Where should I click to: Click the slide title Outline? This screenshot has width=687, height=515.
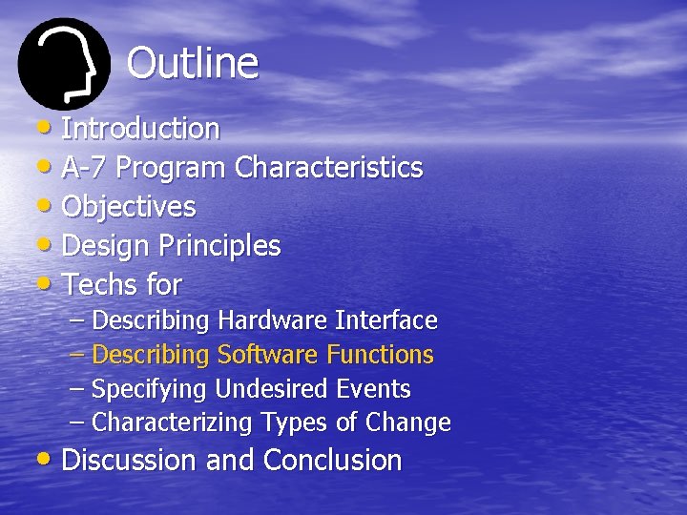[192, 64]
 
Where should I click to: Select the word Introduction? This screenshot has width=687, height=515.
[140, 128]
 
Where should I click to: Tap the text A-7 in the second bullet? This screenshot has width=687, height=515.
[86, 168]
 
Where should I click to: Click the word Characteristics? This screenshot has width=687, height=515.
[328, 168]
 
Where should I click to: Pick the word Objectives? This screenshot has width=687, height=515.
[129, 207]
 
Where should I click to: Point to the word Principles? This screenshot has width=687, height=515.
[219, 246]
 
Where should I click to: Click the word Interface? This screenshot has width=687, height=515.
[384, 320]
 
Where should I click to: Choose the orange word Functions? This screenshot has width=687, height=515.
[380, 355]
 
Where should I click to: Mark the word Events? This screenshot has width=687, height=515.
[373, 389]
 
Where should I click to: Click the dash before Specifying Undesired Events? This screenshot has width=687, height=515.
[77, 389]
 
